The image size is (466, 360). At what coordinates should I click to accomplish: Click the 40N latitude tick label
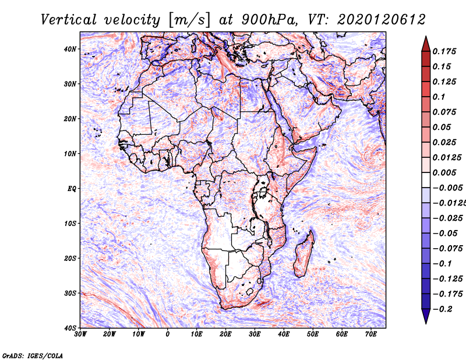tap(69, 49)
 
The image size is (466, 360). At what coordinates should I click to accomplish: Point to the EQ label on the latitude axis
tap(72, 189)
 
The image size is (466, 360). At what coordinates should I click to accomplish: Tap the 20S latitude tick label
tap(69, 258)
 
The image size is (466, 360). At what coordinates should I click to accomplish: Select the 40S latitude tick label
tap(69, 328)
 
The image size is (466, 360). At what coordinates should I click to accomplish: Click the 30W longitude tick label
tap(80, 334)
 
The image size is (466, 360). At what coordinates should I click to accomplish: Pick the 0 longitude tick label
tap(168, 334)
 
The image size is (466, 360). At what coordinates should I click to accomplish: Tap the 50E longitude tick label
tap(313, 334)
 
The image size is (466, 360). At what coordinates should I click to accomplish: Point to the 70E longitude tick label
tap(371, 334)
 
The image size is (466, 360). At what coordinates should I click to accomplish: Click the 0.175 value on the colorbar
tap(444, 51)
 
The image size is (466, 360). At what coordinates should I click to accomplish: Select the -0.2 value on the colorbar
tap(443, 309)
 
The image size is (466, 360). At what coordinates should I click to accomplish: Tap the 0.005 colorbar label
tap(444, 172)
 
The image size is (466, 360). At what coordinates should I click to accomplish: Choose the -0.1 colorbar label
tap(443, 264)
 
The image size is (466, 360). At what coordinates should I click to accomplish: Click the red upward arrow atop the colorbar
tap(426, 44)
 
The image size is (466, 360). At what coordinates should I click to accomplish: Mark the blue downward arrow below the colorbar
tap(426, 316)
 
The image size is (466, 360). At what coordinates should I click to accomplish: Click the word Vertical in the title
tap(69, 20)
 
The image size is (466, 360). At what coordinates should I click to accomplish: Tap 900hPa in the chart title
tap(269, 20)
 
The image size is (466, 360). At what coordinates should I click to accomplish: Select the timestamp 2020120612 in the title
tap(382, 20)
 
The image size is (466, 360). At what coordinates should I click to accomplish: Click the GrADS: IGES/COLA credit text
tap(33, 355)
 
